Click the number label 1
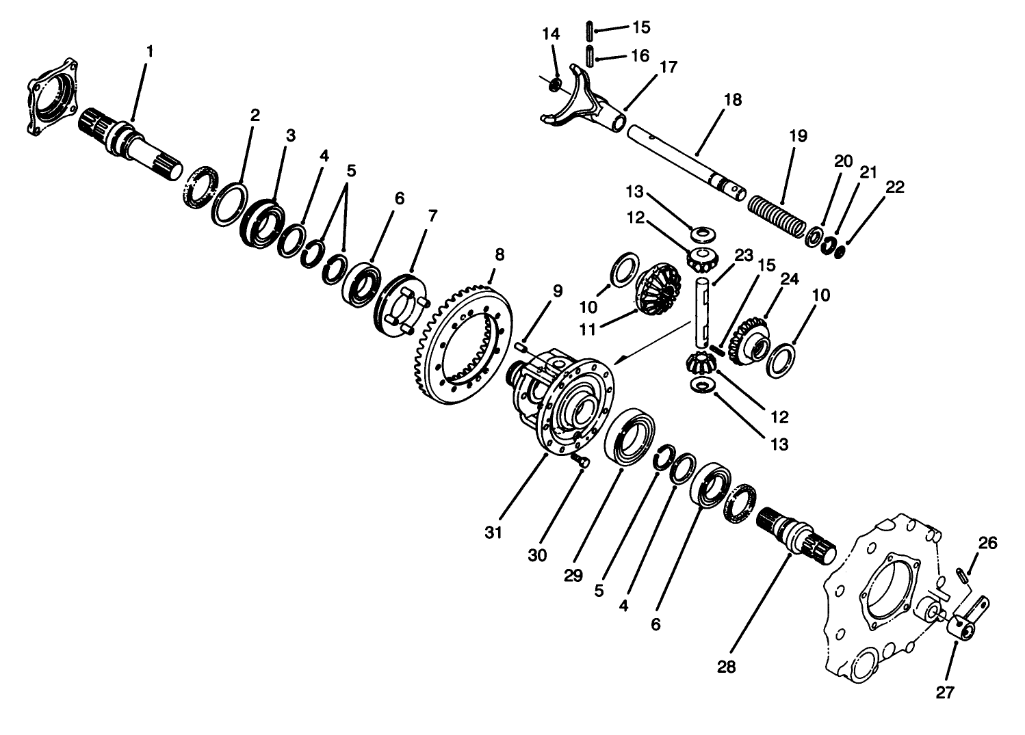point(150,51)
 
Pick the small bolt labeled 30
point(581,463)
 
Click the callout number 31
point(494,532)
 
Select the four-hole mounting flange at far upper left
point(52,100)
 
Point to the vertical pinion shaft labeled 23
point(703,311)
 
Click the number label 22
point(894,187)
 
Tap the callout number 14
point(552,34)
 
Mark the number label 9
point(558,291)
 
